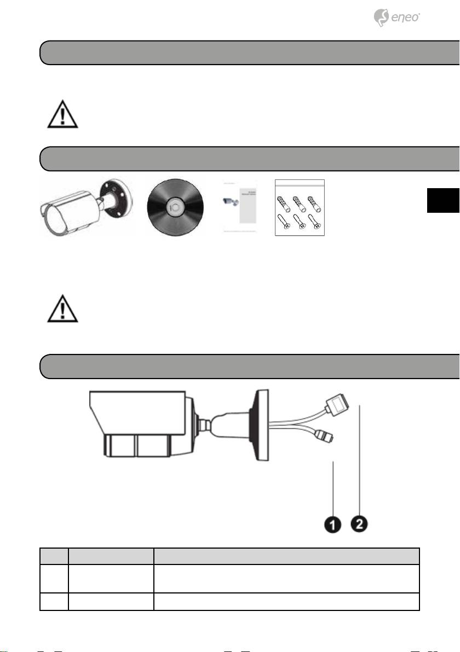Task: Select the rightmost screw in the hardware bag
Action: [313, 223]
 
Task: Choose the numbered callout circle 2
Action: [359, 523]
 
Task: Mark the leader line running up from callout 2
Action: [359, 459]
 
